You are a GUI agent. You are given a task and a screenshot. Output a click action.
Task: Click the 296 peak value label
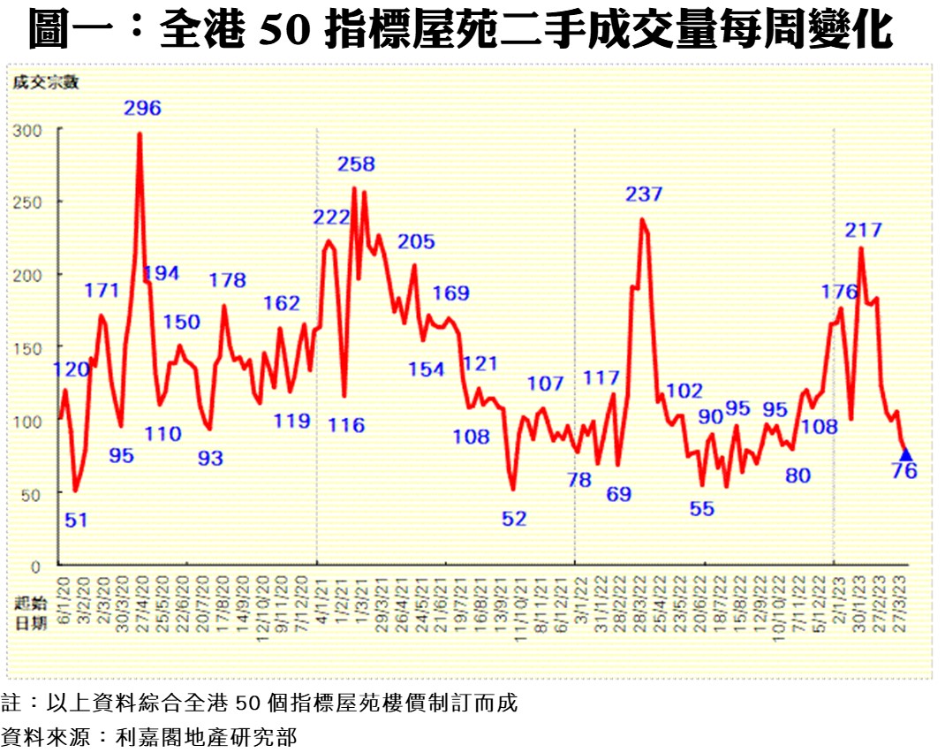point(142,109)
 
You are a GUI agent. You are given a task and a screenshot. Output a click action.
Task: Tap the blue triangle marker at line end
point(905,453)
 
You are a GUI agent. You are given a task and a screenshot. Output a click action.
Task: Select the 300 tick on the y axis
point(29,129)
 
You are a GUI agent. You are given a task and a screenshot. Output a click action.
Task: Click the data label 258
point(356,164)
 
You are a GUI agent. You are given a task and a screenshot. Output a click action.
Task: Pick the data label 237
point(644,194)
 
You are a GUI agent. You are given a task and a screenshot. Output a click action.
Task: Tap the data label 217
point(863,231)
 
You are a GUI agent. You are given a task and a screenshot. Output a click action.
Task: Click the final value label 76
point(904,471)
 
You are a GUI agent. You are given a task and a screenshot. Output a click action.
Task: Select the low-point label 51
point(77,520)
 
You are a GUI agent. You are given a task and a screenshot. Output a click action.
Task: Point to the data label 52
point(514,519)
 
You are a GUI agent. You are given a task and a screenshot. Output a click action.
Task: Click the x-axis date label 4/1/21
point(321,602)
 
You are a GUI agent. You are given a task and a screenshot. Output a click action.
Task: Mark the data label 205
point(417,242)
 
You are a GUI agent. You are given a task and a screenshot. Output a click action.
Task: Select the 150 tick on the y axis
point(29,347)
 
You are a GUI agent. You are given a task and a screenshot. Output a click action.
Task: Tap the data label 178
point(227,281)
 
